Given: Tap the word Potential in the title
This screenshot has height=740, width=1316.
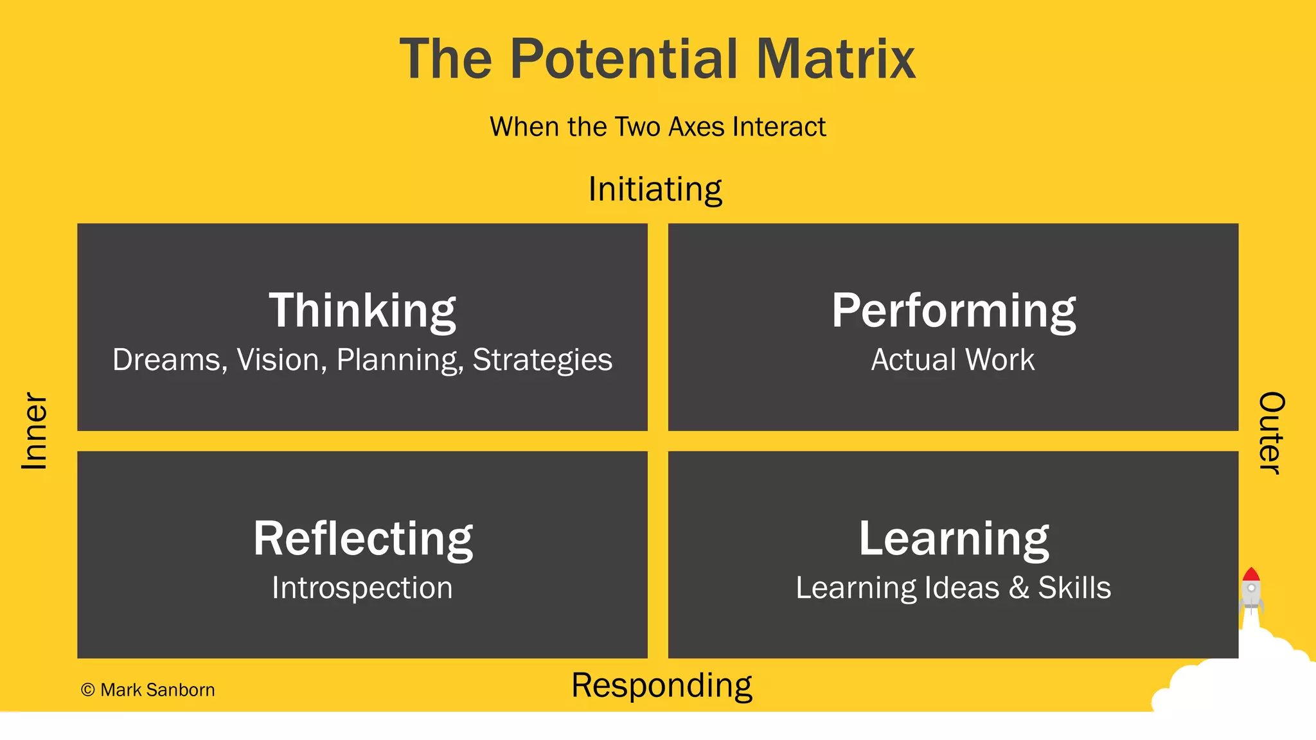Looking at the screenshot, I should [626, 59].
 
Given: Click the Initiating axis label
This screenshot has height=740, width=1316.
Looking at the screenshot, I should [655, 189].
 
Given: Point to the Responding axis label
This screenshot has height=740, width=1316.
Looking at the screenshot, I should [661, 686].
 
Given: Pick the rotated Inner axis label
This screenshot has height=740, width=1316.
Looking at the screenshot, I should [35, 431].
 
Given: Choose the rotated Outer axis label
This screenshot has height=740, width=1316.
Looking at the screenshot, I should [1271, 432].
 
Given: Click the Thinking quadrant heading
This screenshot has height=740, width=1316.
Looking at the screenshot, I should [362, 311].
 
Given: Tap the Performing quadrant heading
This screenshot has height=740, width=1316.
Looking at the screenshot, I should [954, 311].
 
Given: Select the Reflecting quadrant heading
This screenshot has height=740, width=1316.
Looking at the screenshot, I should [363, 538].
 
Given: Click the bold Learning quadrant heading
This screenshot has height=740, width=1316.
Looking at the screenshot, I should [954, 538].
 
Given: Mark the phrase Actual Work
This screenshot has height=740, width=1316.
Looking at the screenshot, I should [953, 360].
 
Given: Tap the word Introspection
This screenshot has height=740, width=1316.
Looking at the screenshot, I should [362, 588].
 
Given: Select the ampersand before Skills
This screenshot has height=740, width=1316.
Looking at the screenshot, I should [1019, 588].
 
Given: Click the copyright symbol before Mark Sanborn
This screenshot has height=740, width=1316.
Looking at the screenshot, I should [88, 690].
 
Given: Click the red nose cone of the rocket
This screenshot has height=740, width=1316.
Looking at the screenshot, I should [1250, 574].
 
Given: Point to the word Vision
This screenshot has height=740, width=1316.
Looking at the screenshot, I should [278, 360].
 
